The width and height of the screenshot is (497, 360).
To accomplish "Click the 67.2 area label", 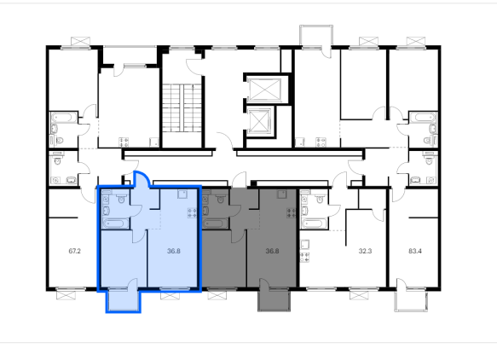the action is (74, 251).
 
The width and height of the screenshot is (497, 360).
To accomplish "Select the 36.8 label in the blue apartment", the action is (174, 251).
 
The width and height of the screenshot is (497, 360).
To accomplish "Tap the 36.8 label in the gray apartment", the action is (272, 251).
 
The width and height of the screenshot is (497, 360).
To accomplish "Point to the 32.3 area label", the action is (365, 251).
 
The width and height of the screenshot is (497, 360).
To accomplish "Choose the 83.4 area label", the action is (415, 251).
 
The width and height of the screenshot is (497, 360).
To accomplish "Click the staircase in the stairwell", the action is (182, 107).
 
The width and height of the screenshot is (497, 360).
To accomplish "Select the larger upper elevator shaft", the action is (264, 90).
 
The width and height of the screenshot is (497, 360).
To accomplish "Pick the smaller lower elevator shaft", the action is (260, 121).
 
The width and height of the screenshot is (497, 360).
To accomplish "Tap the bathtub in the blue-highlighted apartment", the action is (115, 224).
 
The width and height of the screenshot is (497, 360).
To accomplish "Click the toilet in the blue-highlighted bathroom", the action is (121, 199).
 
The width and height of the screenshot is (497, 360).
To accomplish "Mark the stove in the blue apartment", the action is (192, 212).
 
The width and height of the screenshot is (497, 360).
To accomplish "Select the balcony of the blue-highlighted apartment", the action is (123, 300).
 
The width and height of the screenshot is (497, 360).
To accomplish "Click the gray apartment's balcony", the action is (274, 299).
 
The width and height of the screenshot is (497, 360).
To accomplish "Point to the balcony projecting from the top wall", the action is (316, 36).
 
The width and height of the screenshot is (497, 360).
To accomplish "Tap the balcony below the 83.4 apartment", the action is (411, 300).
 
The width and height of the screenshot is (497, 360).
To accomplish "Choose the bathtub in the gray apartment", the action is (215, 224).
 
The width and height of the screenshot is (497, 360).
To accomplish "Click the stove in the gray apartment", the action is (292, 212).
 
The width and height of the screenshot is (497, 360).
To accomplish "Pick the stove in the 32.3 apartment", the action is (304, 258).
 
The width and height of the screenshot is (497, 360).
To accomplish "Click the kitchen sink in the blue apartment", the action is (182, 194).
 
